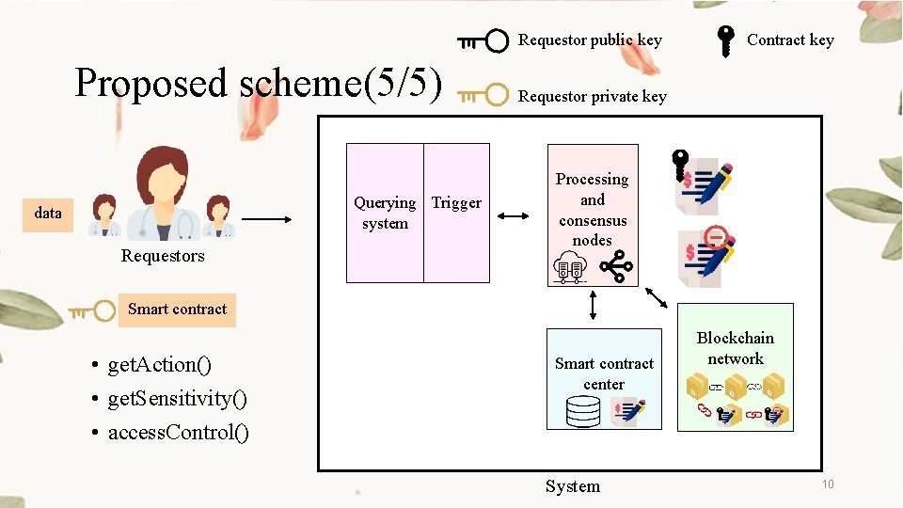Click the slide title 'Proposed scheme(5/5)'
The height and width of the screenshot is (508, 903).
pos(259,83)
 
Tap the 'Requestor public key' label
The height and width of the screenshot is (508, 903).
pos(590,40)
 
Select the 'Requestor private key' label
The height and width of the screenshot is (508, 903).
pos(592,96)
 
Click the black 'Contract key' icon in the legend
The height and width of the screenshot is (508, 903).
pos(725,41)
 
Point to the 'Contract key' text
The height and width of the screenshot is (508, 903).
pos(790,40)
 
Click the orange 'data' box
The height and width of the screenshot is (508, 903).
pos(48,213)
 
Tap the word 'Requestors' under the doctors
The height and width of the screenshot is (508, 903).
pos(163,256)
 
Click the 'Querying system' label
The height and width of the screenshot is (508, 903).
pos(385,213)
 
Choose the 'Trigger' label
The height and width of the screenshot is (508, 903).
pos(456,202)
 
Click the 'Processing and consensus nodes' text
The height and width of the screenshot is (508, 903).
pos(593,209)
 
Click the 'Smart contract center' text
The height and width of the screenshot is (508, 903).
pos(604,373)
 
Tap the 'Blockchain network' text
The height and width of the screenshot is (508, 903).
pos(736,348)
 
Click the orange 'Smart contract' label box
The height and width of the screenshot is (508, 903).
pos(177,309)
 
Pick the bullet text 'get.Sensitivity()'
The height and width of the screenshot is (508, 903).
pos(178,399)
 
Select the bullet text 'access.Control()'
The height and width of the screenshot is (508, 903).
pos(179,433)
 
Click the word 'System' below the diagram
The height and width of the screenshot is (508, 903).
pos(572,486)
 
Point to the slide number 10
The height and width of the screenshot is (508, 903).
pos(828,484)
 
